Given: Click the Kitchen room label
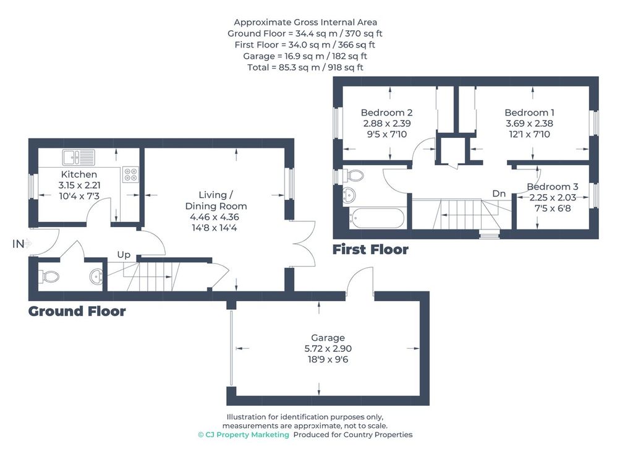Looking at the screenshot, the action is [79, 174].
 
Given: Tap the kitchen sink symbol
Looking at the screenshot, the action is [79, 157].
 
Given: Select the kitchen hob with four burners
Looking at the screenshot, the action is [130, 174].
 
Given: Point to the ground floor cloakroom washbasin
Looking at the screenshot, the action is [96, 276].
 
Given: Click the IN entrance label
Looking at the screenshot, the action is [18, 244].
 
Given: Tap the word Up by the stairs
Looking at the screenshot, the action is [124, 255].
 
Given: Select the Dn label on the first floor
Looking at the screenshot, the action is [499, 194].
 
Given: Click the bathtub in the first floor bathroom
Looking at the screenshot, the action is [377, 218].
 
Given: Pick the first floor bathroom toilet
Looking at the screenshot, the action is [352, 176].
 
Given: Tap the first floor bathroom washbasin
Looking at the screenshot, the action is [349, 195].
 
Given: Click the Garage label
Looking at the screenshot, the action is [328, 338].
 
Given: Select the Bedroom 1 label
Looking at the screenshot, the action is [529, 113].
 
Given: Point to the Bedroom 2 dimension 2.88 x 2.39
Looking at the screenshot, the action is [387, 124].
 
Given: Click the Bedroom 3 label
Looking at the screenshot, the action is [552, 187].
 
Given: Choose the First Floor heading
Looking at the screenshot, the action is [370, 249].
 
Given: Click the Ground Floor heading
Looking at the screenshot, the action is [77, 311].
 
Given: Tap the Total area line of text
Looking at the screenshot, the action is [305, 67].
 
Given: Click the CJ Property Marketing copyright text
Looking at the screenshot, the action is [244, 435].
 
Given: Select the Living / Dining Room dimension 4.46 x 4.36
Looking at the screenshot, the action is [215, 217].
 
